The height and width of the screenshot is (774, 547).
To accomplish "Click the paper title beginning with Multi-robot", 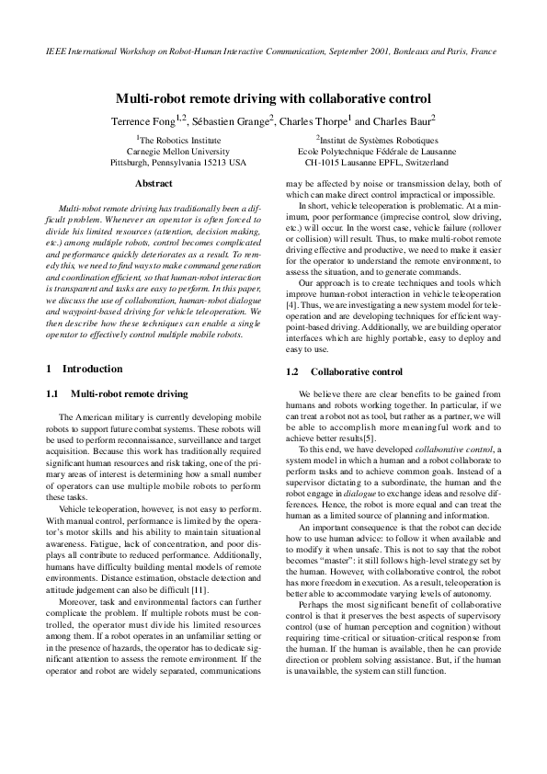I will [x=273, y=97].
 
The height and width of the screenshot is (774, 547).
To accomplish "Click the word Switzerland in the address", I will [x=421, y=162].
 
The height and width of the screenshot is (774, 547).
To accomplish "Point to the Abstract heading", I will [x=154, y=184].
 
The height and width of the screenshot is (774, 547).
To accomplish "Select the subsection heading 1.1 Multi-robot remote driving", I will [x=117, y=393].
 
